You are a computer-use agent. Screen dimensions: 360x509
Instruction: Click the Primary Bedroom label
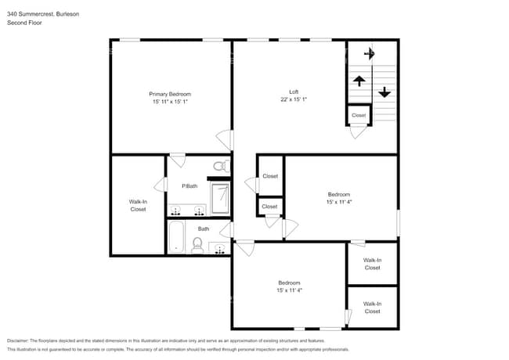(x=170, y=94)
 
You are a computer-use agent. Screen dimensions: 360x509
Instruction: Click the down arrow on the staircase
(x=384, y=91)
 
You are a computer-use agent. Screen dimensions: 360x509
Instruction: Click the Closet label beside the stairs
(x=359, y=115)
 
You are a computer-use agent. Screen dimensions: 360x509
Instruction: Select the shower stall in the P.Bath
(x=221, y=199)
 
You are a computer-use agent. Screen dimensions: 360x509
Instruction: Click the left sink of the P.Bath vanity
(x=176, y=211)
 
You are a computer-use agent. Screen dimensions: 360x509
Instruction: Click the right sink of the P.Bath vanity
(x=199, y=211)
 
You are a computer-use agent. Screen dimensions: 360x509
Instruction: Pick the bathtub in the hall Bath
(x=176, y=236)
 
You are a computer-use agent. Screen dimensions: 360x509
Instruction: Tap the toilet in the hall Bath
(x=197, y=246)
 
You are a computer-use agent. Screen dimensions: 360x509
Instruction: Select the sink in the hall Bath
(x=219, y=248)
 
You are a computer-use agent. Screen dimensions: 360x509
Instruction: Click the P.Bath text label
(x=190, y=186)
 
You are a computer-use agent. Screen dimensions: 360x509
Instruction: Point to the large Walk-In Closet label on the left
(x=138, y=206)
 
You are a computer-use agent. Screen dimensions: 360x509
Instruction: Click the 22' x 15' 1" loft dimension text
(x=294, y=99)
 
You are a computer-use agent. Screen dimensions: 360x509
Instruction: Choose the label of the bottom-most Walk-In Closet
(x=373, y=308)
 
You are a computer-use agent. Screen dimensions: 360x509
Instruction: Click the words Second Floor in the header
(x=24, y=23)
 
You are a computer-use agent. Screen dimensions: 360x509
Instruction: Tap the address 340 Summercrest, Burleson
(x=43, y=14)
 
